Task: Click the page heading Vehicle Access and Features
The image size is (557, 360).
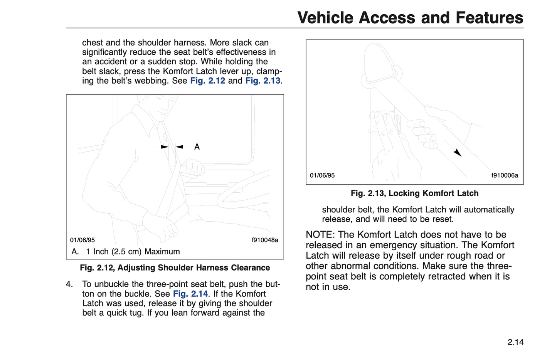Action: pos(410,18)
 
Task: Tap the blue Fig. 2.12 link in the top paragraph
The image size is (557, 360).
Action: pos(207,81)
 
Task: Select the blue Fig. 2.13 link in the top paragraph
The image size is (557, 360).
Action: pos(263,81)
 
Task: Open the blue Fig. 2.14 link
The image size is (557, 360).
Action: pos(190,294)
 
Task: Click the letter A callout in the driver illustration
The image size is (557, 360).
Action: pos(197,147)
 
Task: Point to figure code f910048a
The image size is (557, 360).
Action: pos(265,240)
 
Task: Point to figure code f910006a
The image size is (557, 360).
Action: pos(505,175)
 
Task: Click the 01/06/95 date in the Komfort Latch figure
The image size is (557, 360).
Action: pos(322,175)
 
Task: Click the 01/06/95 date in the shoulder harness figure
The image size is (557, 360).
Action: pos(82,240)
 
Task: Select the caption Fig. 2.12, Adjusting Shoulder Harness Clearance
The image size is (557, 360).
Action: pos(175,268)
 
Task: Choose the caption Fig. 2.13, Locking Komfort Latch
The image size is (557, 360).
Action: pos(414,193)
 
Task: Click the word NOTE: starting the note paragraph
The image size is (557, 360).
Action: pos(320,235)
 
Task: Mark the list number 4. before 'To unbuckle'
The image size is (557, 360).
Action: pos(69,284)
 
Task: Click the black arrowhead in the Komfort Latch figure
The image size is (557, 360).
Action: pos(458,153)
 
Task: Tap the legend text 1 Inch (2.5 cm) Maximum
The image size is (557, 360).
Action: pos(133,252)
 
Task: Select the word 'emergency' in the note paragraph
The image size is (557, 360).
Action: pos(401,245)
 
